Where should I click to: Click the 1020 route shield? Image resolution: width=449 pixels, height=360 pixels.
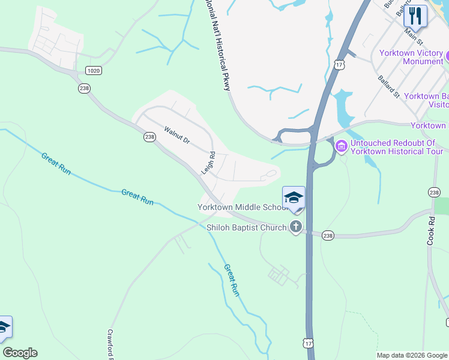(x=93, y=71)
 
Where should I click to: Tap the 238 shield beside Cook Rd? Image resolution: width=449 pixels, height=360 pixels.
(x=434, y=192)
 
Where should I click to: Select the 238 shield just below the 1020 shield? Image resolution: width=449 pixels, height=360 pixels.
(x=84, y=88)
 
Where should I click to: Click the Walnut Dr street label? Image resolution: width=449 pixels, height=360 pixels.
(x=177, y=135)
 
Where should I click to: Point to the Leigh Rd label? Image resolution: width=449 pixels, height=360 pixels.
(x=208, y=163)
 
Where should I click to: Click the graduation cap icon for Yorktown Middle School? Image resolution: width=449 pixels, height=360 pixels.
(x=294, y=198)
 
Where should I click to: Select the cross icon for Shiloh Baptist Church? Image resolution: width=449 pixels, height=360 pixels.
(x=295, y=227)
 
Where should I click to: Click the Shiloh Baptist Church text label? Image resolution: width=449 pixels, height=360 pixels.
(x=247, y=227)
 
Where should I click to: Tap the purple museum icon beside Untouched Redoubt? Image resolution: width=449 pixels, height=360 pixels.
(x=341, y=146)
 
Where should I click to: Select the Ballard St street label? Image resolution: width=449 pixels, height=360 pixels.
(x=389, y=86)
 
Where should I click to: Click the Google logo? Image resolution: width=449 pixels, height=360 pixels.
(x=20, y=353)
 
